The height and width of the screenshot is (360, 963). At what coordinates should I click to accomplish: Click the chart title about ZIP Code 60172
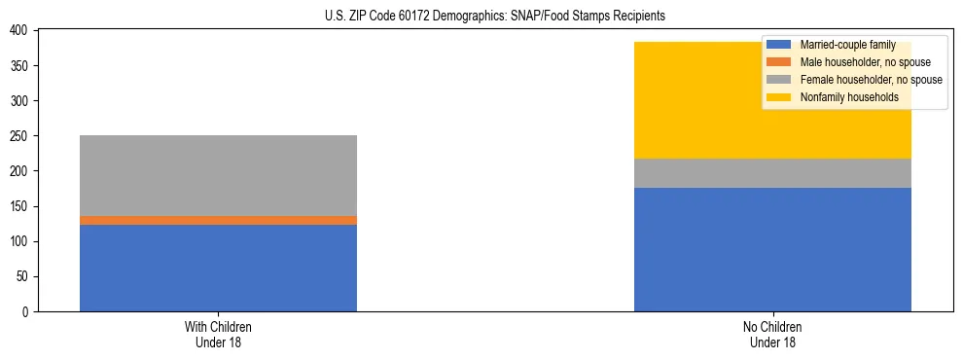pos(495,17)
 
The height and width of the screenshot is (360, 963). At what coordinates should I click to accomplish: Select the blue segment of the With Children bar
pos(218,268)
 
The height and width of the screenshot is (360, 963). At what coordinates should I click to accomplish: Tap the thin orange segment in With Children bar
pos(218,220)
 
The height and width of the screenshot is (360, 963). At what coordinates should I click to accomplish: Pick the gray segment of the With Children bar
pos(218,175)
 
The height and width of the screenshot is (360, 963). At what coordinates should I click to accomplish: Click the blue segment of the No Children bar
pos(772,249)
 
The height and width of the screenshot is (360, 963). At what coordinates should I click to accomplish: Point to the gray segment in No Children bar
pos(772,173)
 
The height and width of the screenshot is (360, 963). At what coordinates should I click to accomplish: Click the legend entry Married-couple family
pos(847,45)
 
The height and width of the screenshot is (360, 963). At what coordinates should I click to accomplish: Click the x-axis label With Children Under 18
pos(218,334)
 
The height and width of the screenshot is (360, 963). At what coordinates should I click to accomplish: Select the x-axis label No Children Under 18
pos(772,334)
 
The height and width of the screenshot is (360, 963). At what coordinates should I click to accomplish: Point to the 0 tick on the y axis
pos(27,312)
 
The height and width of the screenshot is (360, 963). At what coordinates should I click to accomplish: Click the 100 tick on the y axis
pos(21,241)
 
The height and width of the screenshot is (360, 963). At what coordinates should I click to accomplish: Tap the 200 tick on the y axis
pos(21,171)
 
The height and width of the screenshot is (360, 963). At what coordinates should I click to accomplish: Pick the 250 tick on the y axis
pos(21,136)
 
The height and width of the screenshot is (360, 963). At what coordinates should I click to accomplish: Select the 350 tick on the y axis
pos(21,66)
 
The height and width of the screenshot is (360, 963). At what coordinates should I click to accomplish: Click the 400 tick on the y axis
pos(21,31)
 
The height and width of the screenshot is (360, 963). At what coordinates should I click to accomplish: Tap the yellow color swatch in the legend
pos(779,97)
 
